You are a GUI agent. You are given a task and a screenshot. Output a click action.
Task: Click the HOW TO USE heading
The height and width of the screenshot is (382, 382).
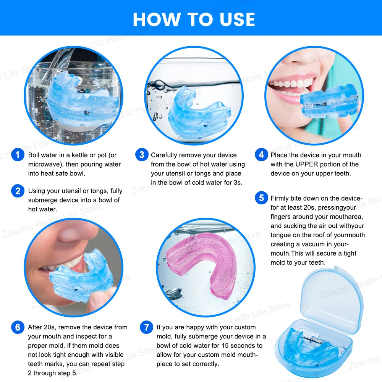(194, 19)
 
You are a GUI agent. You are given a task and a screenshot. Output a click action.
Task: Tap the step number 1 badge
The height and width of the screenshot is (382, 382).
(18, 155)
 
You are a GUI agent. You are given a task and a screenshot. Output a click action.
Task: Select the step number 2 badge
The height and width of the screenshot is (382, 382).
(18, 191)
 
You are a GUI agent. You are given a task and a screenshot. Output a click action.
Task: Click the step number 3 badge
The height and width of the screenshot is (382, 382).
(142, 155)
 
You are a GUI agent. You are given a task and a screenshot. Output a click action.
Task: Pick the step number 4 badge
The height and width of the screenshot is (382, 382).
(261, 155)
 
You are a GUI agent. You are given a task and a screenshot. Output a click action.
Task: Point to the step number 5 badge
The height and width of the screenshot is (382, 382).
(261, 198)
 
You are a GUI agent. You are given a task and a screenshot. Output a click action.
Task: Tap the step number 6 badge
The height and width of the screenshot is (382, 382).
(18, 327)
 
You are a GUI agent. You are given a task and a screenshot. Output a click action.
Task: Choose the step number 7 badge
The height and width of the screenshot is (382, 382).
(146, 327)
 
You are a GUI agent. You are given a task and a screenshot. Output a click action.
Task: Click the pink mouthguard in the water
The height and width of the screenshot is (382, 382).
(202, 264)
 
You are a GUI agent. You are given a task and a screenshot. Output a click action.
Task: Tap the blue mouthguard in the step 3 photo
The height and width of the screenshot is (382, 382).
(195, 115)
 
